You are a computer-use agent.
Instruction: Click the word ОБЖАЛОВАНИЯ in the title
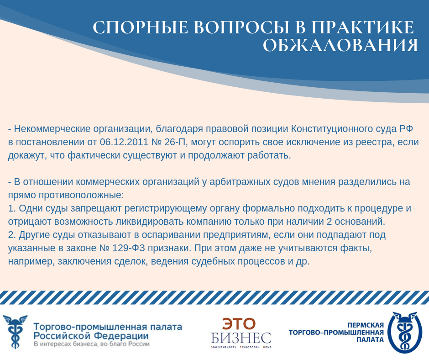[340, 45]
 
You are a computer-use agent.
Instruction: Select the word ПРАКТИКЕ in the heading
[363, 27]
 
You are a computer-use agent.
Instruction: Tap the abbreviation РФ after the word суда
[406, 129]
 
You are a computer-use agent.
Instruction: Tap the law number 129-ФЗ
[129, 248]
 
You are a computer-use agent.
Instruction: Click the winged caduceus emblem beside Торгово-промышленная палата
[15, 332]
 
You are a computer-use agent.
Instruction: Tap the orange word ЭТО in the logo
[239, 323]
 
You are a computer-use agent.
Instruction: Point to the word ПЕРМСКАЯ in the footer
[366, 325]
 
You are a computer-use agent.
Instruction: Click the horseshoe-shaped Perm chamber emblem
[404, 332]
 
